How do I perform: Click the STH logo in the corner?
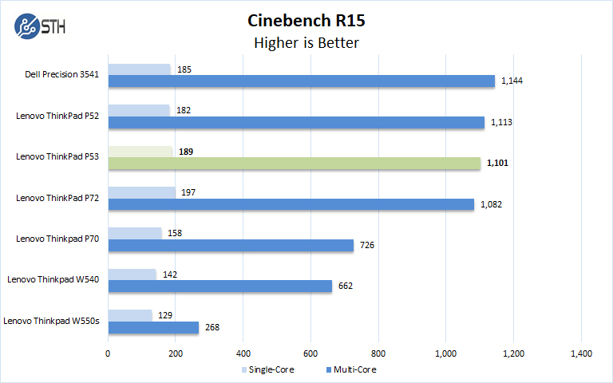40,25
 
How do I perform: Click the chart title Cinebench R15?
306,20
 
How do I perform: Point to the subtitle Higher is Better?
306,42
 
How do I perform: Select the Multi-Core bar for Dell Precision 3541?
301,81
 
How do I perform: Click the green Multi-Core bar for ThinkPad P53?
295,164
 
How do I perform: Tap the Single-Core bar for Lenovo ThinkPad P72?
141,192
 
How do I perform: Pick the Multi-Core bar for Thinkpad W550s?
153,327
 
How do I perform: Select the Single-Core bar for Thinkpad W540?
132,274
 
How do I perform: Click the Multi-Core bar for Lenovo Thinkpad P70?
231,245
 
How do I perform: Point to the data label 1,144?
512,81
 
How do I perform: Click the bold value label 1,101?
497,164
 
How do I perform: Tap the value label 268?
212,327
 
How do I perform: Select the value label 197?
189,192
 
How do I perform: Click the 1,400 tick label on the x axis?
581,353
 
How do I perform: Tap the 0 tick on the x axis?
108,353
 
